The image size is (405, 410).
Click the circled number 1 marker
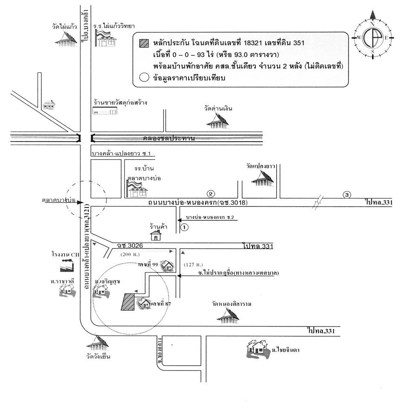184,227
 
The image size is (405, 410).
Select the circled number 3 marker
347,195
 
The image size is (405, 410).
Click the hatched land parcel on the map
128,302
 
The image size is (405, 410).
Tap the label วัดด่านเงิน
218,109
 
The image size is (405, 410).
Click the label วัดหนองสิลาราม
230,304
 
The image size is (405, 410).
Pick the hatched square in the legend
144,43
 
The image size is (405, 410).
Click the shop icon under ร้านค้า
156,235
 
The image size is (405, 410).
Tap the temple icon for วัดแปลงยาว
263,179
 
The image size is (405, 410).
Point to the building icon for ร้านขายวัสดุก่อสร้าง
105,111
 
